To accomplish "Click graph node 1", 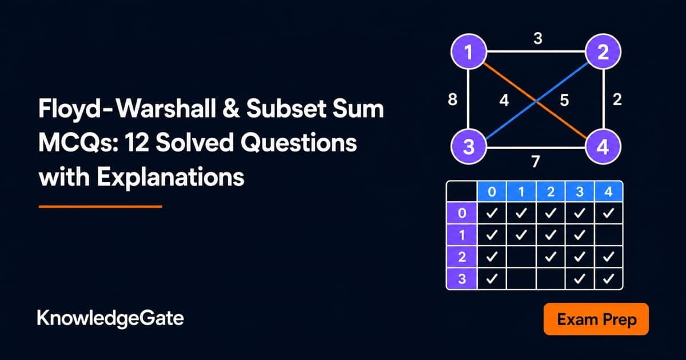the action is pos(469,51).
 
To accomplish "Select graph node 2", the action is pos(603,51).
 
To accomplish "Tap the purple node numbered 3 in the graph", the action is pos(469,146).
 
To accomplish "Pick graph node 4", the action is pos(603,146).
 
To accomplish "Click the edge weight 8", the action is pos(453,99).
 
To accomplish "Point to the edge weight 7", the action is pos(535,161).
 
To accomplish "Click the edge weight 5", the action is pos(564,100).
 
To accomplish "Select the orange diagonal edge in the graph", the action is pos(536,100).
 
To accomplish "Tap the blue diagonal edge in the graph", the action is pos(536,101).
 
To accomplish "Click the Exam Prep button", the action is pos(596,319).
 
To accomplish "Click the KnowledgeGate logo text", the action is pos(110,319).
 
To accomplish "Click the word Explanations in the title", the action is pos(171,178).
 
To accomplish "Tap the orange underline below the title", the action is pos(101,207).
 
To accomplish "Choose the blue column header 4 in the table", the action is pos(608,191).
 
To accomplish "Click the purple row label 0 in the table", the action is pos(462,213).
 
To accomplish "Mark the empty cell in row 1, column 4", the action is pos(608,235).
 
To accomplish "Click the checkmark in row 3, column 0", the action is pos(492,279).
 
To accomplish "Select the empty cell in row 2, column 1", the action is pos(521,257).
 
